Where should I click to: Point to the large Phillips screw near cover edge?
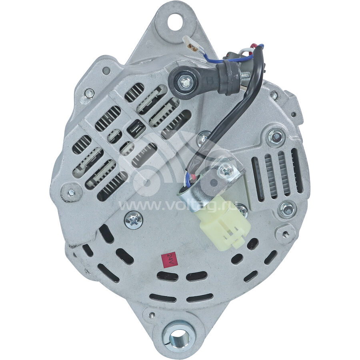[x=133, y=220]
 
